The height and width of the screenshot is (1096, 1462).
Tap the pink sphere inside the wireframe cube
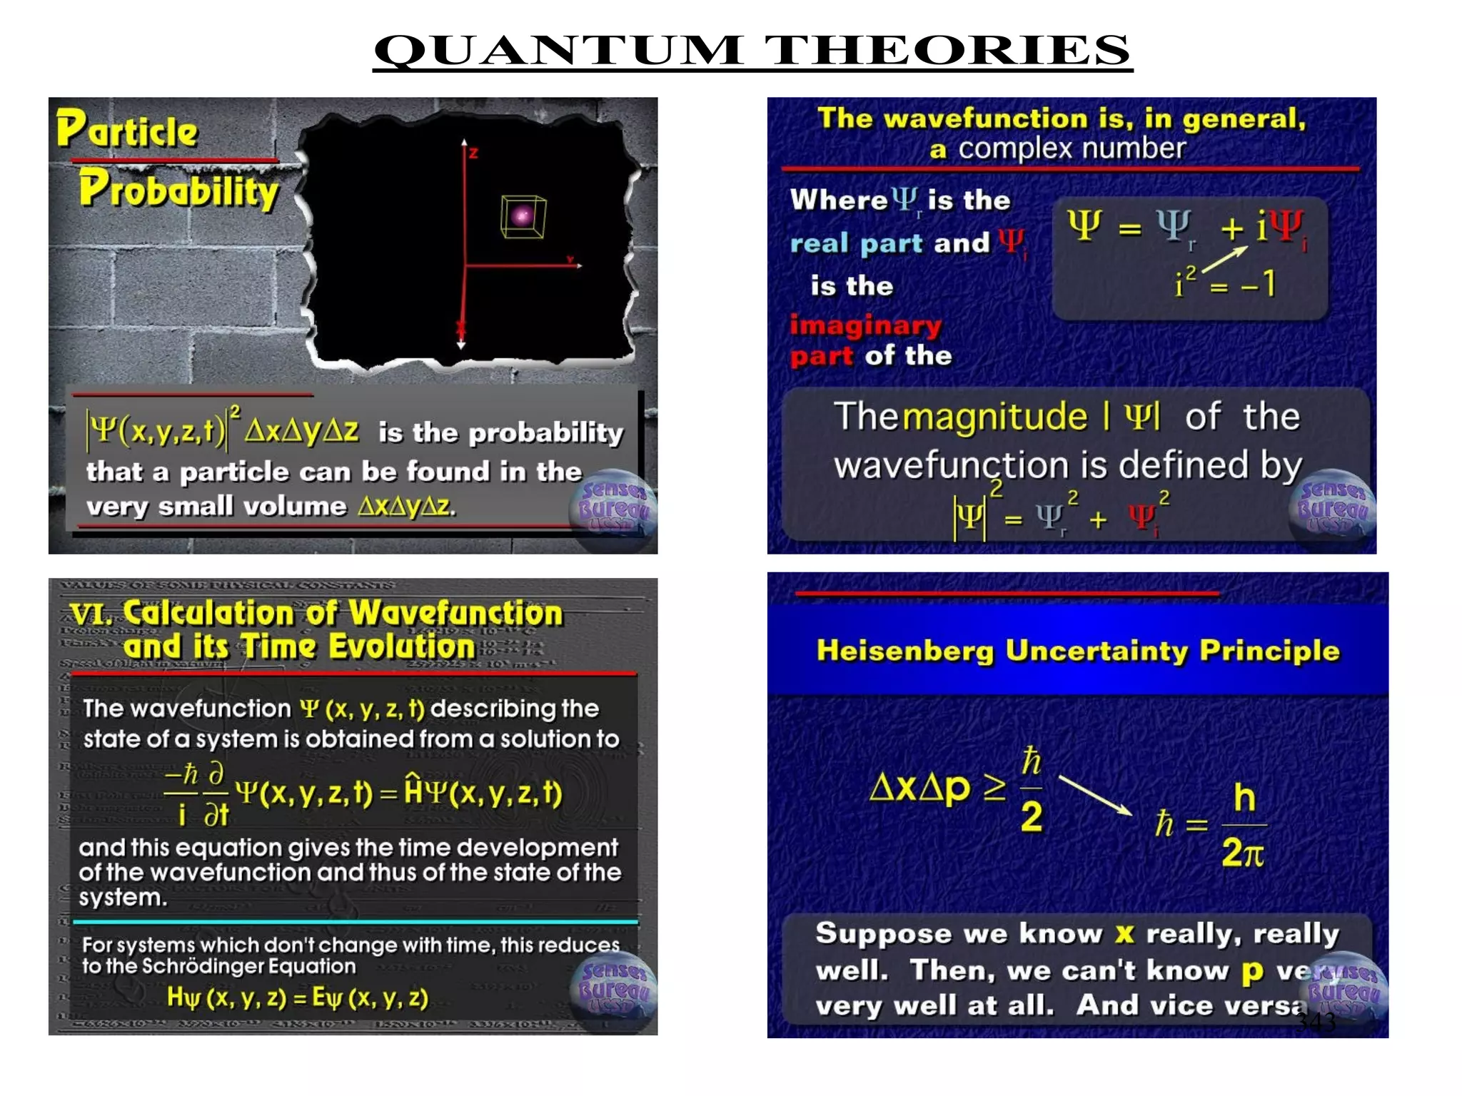click(x=523, y=215)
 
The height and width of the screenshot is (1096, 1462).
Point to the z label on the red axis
click(x=473, y=153)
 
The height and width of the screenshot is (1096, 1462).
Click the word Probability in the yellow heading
click(x=178, y=190)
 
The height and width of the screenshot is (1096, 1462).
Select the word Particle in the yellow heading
click(x=127, y=130)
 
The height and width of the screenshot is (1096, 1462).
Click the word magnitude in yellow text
click(x=995, y=417)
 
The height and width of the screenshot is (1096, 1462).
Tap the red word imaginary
click(x=865, y=325)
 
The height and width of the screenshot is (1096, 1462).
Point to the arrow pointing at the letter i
click(x=1225, y=260)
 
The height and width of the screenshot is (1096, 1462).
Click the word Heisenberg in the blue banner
click(x=904, y=651)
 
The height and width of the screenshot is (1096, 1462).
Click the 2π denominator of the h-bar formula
click(x=1243, y=852)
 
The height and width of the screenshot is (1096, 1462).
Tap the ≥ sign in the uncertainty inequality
click(x=994, y=786)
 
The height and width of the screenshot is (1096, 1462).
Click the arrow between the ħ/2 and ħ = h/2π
click(x=1095, y=795)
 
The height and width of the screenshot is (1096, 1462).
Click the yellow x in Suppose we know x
click(x=1124, y=933)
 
